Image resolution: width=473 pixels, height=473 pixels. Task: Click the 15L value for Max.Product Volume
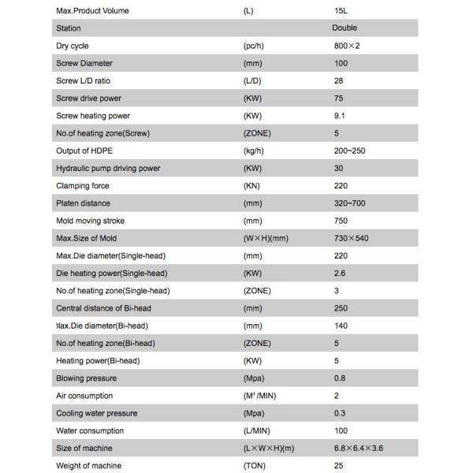tap(341, 11)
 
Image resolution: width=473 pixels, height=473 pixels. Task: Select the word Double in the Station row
tap(345, 28)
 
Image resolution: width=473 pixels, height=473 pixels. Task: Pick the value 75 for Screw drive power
tap(339, 99)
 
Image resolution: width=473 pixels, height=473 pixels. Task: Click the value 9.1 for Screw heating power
tap(340, 116)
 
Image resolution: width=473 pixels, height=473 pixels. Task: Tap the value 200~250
tap(350, 151)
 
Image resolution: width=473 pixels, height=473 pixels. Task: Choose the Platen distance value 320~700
tap(350, 203)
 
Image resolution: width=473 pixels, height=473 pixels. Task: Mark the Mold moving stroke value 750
tap(341, 221)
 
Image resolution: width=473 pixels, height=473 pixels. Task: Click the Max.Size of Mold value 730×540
tap(351, 238)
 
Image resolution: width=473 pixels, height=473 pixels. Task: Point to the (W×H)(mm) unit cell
tap(270, 238)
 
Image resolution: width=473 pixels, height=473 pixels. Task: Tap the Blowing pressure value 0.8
tap(340, 378)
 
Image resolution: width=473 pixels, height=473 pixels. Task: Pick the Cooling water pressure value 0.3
tap(340, 413)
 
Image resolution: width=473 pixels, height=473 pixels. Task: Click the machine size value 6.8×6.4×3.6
tap(359, 449)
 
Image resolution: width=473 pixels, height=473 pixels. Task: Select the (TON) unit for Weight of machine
tap(255, 466)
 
